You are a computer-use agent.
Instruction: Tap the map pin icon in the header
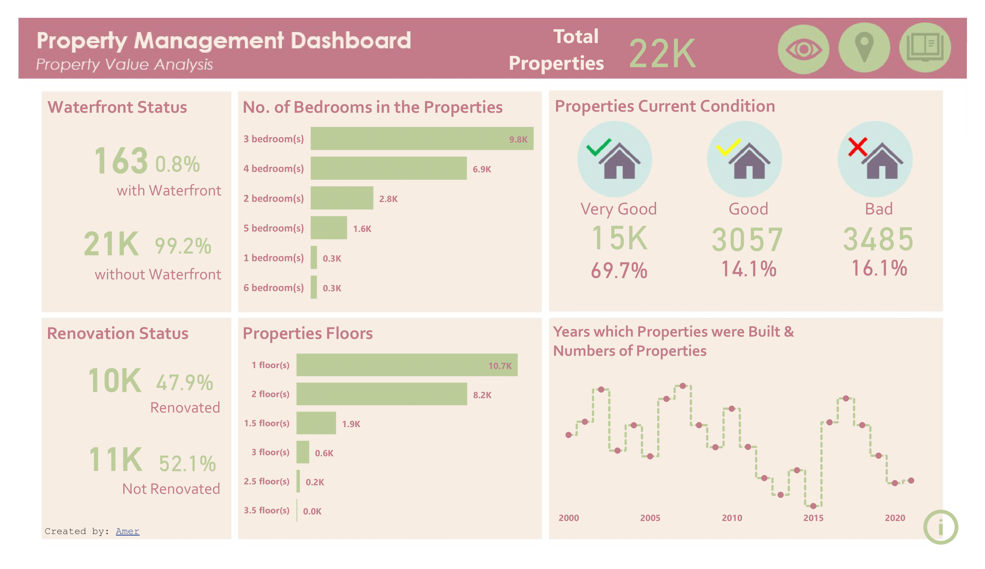pyautogui.click(x=864, y=48)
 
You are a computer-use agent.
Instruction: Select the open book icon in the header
pyautogui.click(x=925, y=48)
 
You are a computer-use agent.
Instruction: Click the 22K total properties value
pyautogui.click(x=662, y=53)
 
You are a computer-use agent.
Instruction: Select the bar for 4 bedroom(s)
pyautogui.click(x=388, y=168)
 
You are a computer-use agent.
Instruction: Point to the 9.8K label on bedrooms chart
pyautogui.click(x=518, y=139)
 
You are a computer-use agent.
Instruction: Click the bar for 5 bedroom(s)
pyautogui.click(x=328, y=228)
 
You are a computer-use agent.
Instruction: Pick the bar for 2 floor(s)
pyautogui.click(x=382, y=394)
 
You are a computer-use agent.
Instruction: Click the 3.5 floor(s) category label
pyautogui.click(x=267, y=510)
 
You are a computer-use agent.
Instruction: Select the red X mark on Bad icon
pyautogui.click(x=858, y=147)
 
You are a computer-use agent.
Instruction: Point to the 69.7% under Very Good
pyautogui.click(x=619, y=270)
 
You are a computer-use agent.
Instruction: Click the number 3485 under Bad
pyautogui.click(x=878, y=239)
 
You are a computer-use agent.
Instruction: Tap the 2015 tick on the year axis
pyautogui.click(x=813, y=518)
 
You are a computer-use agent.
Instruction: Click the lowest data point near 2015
pyautogui.click(x=813, y=506)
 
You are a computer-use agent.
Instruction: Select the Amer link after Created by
pyautogui.click(x=127, y=531)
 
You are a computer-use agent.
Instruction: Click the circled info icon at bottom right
pyautogui.click(x=941, y=527)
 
